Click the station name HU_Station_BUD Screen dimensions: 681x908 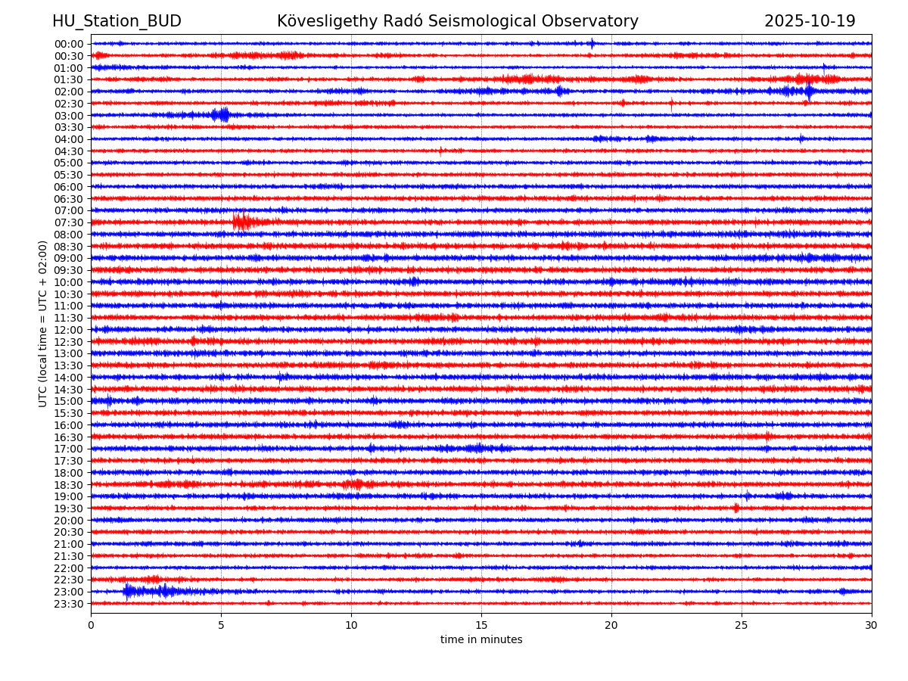point(117,21)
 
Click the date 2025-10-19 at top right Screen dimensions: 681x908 point(810,21)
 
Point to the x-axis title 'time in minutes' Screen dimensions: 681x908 point(481,639)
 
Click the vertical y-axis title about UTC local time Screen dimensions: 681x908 point(43,324)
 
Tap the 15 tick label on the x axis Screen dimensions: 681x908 point(481,625)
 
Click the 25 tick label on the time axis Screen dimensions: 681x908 point(742,625)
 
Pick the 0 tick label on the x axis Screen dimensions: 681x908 point(91,625)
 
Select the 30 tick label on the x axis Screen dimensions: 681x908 point(872,625)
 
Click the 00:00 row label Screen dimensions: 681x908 point(68,44)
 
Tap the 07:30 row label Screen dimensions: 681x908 point(68,222)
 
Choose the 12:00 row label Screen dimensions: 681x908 point(68,330)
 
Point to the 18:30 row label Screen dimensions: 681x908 point(68,484)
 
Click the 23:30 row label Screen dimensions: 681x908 point(68,604)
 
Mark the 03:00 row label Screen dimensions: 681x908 point(68,115)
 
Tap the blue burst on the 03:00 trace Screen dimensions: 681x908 point(222,115)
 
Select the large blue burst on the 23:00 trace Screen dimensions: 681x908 point(130,591)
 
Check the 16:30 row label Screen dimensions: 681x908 point(68,437)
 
